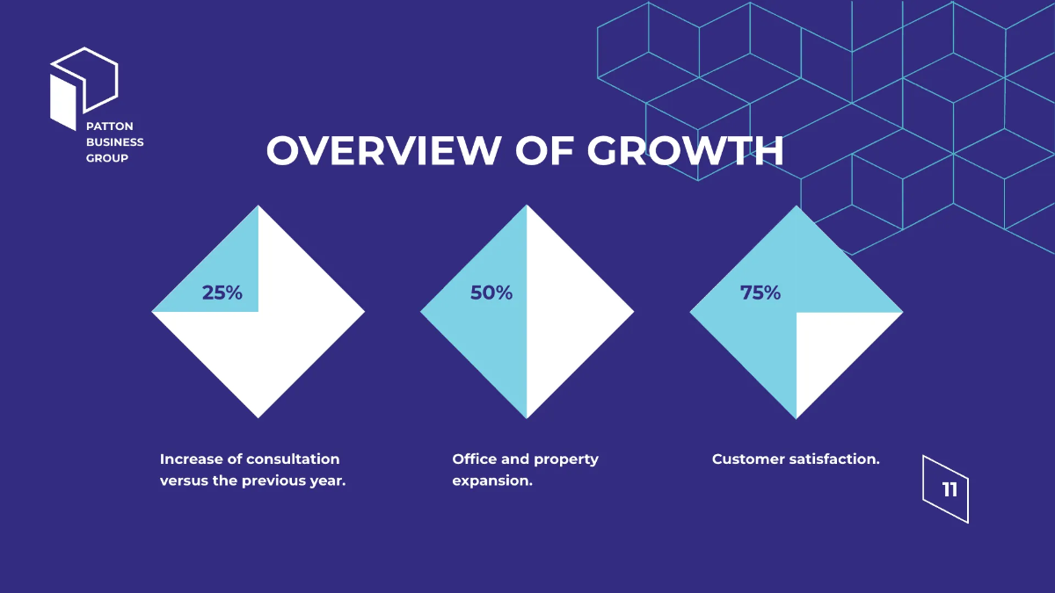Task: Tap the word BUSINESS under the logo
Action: [x=115, y=142]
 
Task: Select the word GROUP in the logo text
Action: [x=107, y=158]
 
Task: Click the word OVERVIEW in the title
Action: [x=382, y=151]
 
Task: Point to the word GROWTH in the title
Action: [x=686, y=151]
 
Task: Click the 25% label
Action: [x=222, y=293]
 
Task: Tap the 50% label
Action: [x=491, y=293]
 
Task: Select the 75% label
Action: [x=760, y=293]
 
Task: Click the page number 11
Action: [x=949, y=490]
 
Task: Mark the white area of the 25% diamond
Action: [x=264, y=351]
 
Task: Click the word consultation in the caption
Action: [x=293, y=459]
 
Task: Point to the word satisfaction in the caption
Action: [x=835, y=459]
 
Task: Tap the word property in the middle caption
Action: [x=566, y=459]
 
